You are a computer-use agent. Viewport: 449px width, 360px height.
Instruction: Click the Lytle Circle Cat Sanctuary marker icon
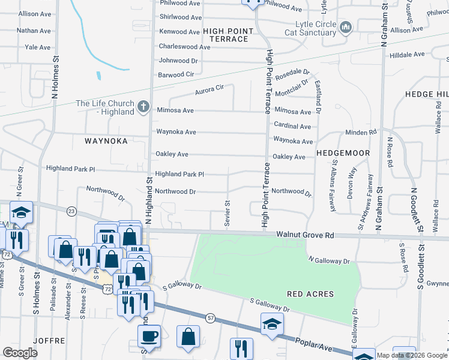coord(345,27)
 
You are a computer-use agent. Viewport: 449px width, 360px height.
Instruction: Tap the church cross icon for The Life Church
coord(143,107)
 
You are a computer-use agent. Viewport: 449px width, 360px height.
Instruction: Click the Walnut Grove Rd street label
coord(304,236)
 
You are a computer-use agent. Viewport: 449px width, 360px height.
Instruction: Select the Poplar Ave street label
coord(313,344)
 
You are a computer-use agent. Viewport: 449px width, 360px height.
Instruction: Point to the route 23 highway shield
coord(71,211)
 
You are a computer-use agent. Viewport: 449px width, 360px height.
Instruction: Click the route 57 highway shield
coord(209,317)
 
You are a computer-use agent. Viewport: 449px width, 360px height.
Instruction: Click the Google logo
coord(20,353)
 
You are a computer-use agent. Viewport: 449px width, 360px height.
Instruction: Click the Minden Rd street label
coord(361,132)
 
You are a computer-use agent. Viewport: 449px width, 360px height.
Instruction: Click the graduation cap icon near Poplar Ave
coord(273,324)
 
